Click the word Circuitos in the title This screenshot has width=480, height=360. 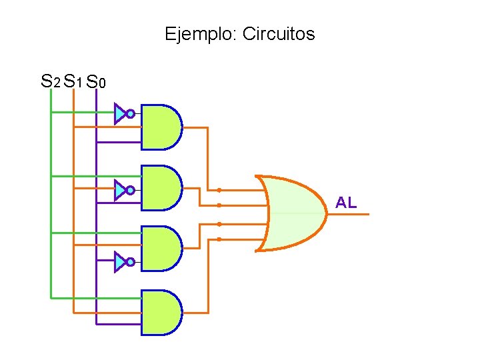278,34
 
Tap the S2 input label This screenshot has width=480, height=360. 50,82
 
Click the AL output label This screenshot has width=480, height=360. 346,203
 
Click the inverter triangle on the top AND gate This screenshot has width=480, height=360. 119,114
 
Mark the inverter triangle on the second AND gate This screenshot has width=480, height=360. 119,191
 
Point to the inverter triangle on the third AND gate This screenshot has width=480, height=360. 119,262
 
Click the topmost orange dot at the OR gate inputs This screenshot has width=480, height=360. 219,190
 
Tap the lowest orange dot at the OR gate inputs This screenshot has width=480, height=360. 219,239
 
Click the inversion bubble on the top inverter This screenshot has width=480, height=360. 131,114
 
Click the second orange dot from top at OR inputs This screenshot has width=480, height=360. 219,205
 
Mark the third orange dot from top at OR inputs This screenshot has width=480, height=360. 219,224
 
